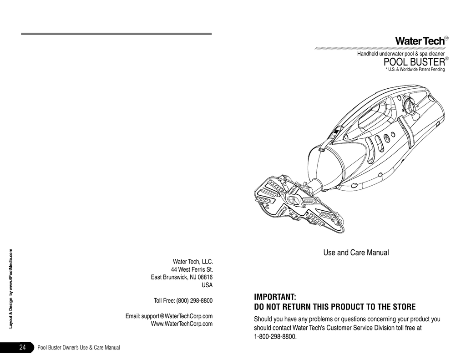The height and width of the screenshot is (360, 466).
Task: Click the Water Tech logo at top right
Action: click(421, 41)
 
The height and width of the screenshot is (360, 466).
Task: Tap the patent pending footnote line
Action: click(415, 70)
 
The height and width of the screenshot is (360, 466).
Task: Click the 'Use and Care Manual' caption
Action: click(356, 253)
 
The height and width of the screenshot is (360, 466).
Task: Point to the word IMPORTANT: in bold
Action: click(275, 297)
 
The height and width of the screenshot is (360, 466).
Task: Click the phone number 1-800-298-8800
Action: click(275, 337)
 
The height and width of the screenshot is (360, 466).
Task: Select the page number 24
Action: click(23, 347)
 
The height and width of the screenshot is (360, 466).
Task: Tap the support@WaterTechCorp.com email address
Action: click(177, 316)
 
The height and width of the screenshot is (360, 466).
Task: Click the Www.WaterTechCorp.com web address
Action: click(182, 324)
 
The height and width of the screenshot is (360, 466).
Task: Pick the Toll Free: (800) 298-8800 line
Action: click(183, 300)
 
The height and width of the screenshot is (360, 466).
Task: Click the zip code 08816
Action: click(205, 277)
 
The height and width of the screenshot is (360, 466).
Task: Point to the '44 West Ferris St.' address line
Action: click(192, 269)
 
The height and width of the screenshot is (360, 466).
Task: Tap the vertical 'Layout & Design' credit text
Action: click(11, 289)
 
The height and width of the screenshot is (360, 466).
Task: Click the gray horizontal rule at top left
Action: click(116, 34)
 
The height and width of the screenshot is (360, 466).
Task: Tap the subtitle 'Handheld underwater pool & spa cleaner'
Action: click(401, 54)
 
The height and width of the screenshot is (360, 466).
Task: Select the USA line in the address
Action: click(207, 285)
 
